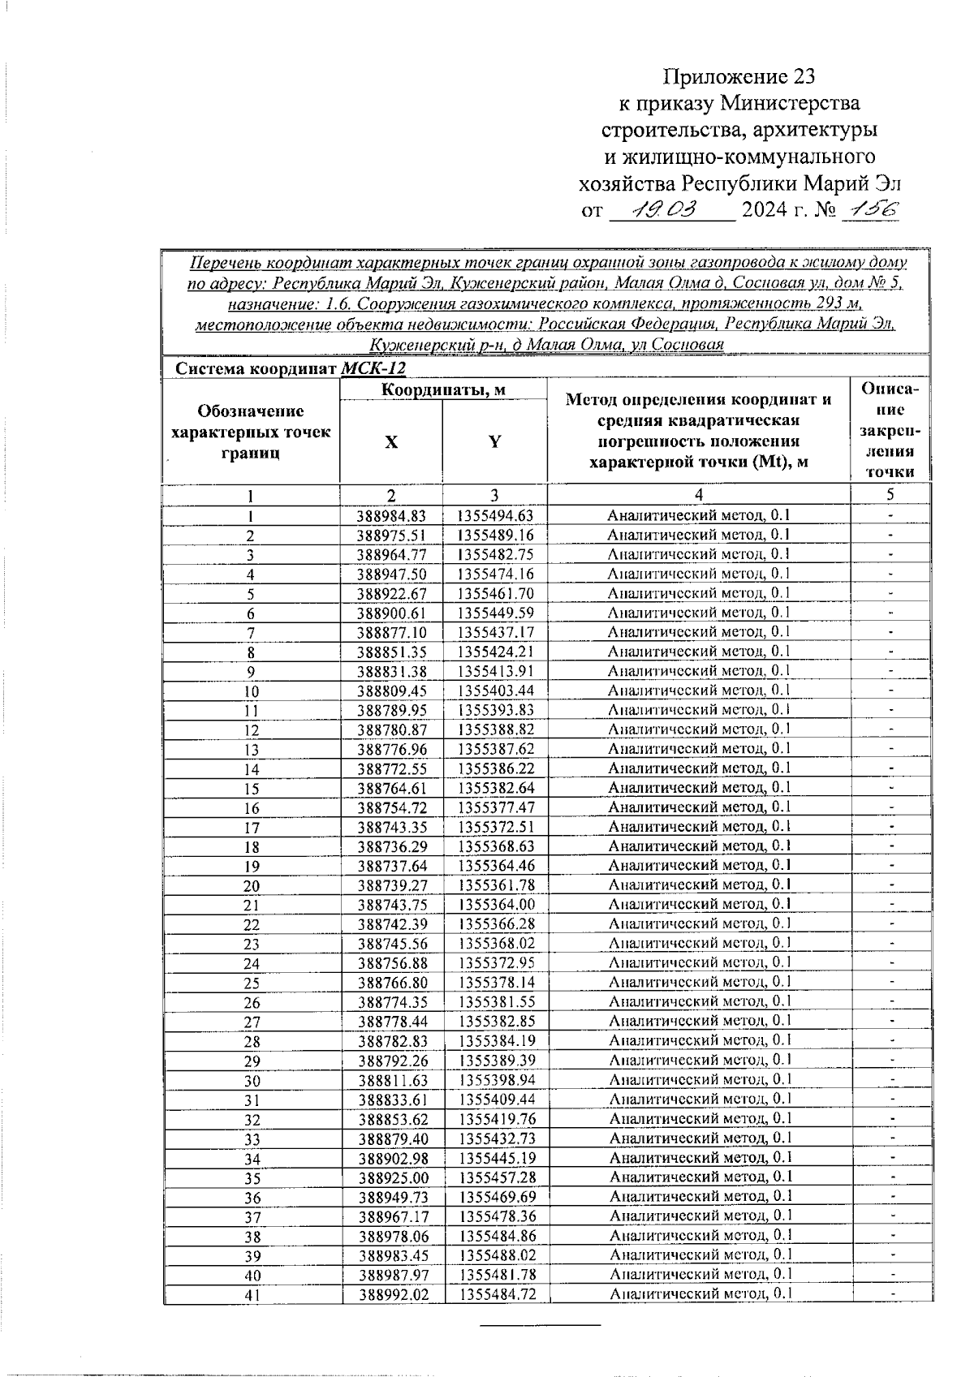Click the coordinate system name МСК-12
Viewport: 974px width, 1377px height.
pyautogui.click(x=373, y=368)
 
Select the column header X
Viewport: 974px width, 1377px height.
pyautogui.click(x=391, y=442)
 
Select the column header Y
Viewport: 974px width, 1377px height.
pyautogui.click(x=494, y=441)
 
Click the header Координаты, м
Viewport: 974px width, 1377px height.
pyautogui.click(x=443, y=390)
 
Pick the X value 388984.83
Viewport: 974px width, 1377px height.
pyautogui.click(x=391, y=516)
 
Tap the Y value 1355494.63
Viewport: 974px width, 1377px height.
pyautogui.click(x=495, y=516)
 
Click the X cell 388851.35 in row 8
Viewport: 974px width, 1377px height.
pyautogui.click(x=391, y=652)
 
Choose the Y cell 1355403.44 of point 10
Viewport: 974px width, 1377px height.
pyautogui.click(x=495, y=691)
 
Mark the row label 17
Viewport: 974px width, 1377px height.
pyautogui.click(x=252, y=828)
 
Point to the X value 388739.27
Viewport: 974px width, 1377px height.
pyautogui.click(x=392, y=886)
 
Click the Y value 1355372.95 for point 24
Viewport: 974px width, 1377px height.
pyautogui.click(x=496, y=964)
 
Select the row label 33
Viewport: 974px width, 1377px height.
pyautogui.click(x=252, y=1139)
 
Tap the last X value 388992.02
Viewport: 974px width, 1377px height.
pyautogui.click(x=394, y=1295)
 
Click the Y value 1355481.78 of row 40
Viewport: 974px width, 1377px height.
pyautogui.click(x=498, y=1276)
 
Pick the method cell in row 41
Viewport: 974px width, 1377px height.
pyautogui.click(x=700, y=1294)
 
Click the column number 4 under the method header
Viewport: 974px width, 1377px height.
pyautogui.click(x=699, y=496)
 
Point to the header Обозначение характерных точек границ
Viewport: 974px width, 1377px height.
pyautogui.click(x=251, y=432)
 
